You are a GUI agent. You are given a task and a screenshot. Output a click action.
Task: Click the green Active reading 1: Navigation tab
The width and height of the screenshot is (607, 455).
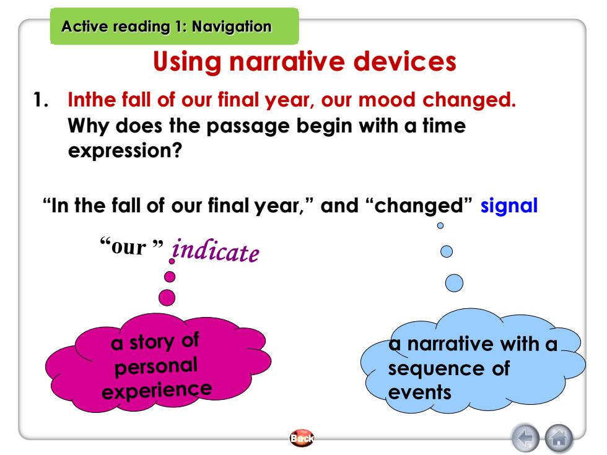pos(174,26)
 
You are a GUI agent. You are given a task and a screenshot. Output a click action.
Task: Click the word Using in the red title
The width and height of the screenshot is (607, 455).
pos(187,62)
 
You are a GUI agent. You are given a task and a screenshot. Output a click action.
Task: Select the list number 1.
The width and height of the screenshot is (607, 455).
pos(40,100)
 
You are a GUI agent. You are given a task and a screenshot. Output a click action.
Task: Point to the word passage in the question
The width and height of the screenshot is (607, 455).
pos(248,126)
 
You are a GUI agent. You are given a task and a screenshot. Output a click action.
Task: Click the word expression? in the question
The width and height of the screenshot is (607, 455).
pos(124,151)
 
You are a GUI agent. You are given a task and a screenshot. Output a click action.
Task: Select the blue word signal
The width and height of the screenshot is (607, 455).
pos(509,206)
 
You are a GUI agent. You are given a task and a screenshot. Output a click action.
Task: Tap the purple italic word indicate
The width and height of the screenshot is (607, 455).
pos(216,250)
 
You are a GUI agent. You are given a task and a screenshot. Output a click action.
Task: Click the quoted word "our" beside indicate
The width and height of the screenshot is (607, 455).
pos(131,246)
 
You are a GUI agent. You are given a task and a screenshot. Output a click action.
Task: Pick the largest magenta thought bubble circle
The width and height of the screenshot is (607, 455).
pos(167,298)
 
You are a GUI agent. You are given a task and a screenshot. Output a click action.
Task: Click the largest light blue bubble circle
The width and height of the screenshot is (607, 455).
pos(454,283)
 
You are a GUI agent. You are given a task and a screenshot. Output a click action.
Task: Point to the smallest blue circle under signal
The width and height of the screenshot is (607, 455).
pos(440,225)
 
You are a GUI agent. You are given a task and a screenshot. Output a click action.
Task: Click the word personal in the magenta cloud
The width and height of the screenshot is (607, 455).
pos(156,366)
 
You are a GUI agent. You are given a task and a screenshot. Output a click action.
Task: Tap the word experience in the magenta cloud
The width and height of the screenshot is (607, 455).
pos(157,391)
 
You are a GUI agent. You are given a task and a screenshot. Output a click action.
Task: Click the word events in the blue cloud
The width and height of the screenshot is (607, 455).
pos(420,392)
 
